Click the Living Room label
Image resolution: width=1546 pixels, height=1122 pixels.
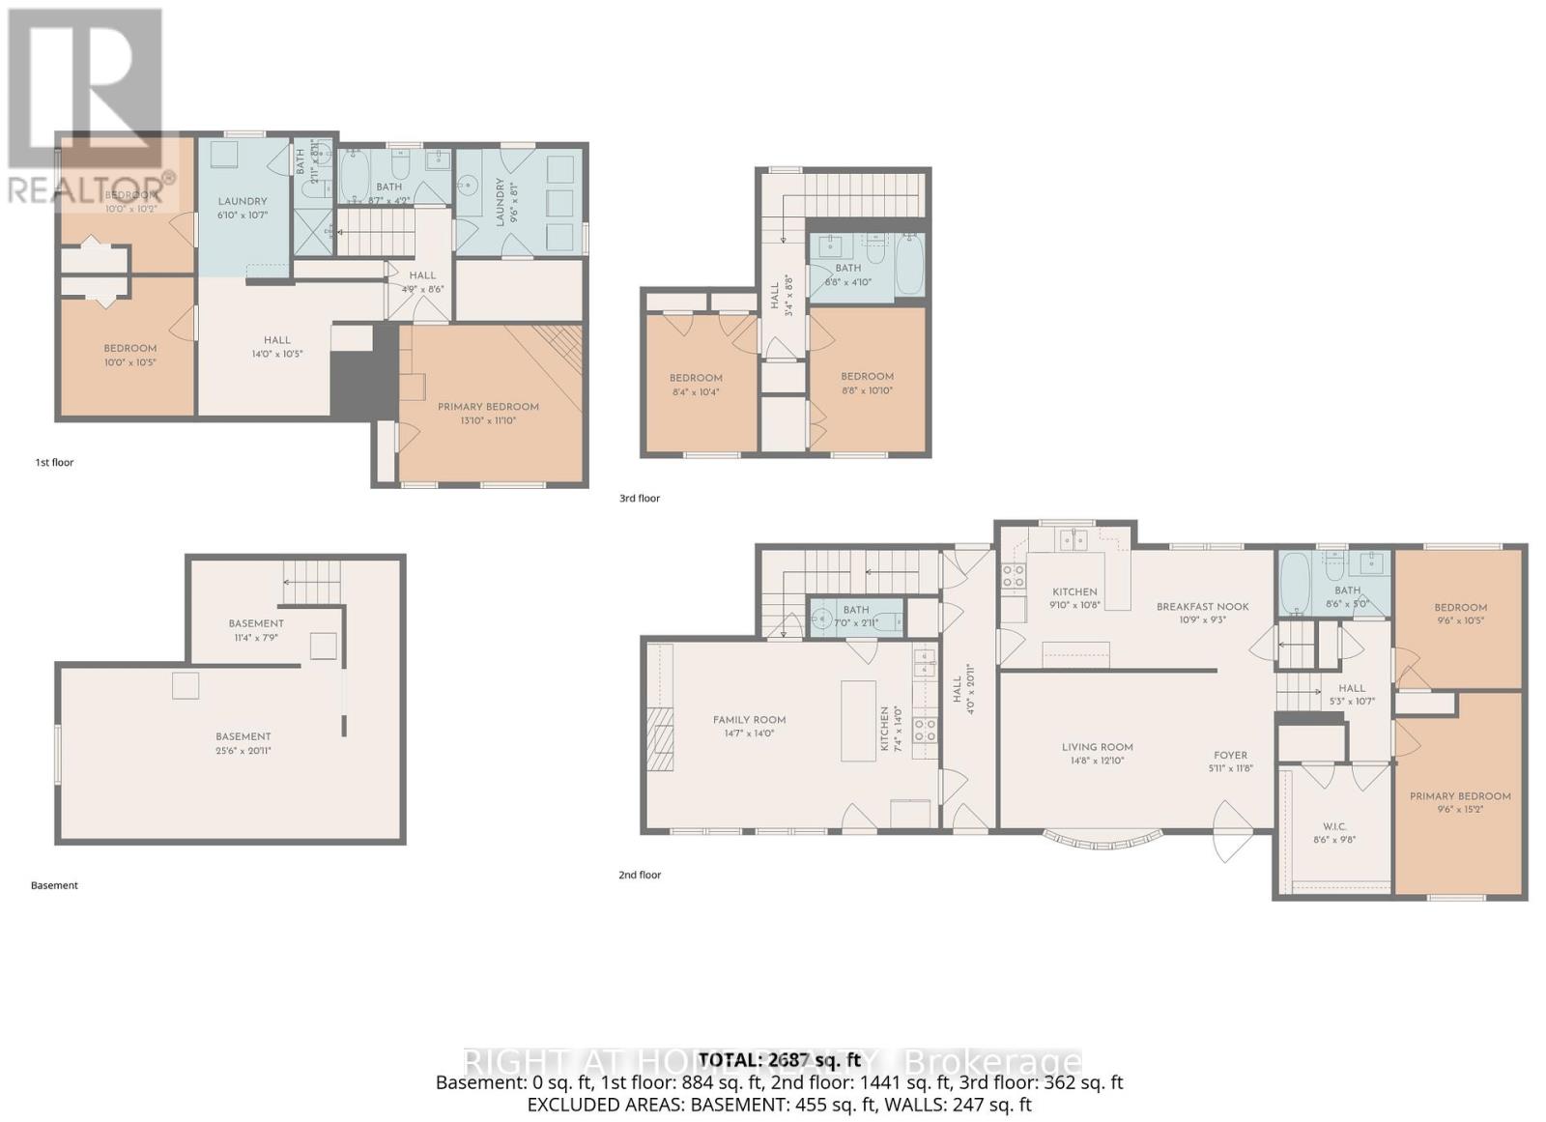pyautogui.click(x=1097, y=747)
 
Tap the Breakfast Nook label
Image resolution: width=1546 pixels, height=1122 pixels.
pyautogui.click(x=1202, y=607)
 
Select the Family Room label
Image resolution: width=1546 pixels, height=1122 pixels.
pyautogui.click(x=749, y=720)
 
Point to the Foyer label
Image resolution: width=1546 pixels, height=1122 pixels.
pyautogui.click(x=1230, y=756)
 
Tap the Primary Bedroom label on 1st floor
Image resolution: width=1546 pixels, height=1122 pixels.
pyautogui.click(x=488, y=407)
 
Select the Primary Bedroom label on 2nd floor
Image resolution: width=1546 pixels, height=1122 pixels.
pyautogui.click(x=1459, y=796)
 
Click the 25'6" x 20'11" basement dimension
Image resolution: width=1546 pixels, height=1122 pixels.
pyautogui.click(x=243, y=750)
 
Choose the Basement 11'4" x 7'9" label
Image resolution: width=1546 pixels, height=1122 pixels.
pyautogui.click(x=256, y=623)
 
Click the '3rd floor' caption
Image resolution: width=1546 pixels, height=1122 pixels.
pyautogui.click(x=640, y=499)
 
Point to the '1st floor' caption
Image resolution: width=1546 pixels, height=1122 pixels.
pyautogui.click(x=54, y=463)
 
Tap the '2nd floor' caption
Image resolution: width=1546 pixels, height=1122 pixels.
pyautogui.click(x=640, y=876)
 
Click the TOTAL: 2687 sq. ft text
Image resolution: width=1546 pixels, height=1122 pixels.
pyautogui.click(x=779, y=1060)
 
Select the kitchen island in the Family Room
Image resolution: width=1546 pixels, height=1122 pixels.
pyautogui.click(x=858, y=720)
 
